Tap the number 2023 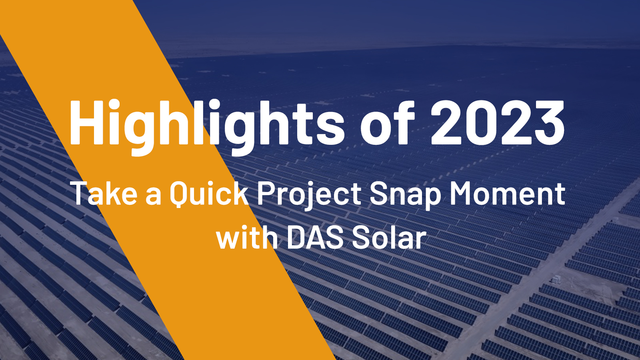point(498,122)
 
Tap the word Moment point(508,193)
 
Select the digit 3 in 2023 point(548,122)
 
